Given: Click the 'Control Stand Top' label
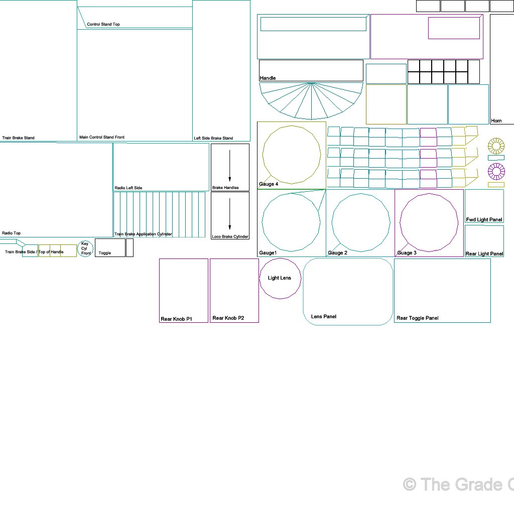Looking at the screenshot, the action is [x=103, y=24].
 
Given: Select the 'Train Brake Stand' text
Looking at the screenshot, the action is [x=19, y=138].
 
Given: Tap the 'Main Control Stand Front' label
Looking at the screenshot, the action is [x=102, y=137].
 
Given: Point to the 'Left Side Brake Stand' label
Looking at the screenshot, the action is [x=213, y=138].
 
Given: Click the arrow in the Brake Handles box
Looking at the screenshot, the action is [x=229, y=166].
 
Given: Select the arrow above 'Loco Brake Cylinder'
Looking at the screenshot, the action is [x=229, y=214].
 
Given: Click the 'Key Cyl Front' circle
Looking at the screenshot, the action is [x=85, y=248].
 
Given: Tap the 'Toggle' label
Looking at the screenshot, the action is [x=105, y=253].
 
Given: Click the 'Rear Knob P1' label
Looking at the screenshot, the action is [x=176, y=319].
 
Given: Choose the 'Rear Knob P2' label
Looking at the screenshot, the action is [x=228, y=318].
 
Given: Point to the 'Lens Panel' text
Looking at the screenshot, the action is [x=324, y=316].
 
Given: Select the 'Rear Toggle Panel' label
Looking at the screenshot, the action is [x=417, y=318].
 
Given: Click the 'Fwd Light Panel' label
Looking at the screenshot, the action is [x=484, y=220].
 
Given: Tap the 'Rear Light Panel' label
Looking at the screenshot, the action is [x=484, y=253].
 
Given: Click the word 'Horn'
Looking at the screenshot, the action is [x=496, y=120].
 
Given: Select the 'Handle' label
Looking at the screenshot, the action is [x=268, y=78].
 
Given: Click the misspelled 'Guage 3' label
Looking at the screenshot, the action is [x=407, y=253].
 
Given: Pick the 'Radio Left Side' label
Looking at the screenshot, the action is [x=128, y=188].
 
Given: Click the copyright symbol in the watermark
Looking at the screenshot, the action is [x=410, y=484].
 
